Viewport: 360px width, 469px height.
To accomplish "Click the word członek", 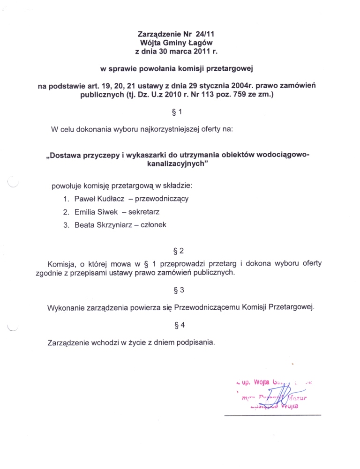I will pos(152,225).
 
